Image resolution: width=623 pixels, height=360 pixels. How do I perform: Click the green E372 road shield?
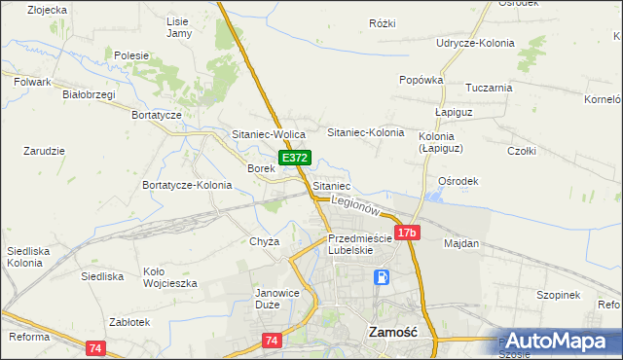(295, 158)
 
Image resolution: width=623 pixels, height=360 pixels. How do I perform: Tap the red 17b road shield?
(407, 233)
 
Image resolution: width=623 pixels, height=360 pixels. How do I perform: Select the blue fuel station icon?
(384, 277)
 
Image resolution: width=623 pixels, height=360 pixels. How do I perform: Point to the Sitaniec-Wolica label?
(269, 133)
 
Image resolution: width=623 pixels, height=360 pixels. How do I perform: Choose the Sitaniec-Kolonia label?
(366, 131)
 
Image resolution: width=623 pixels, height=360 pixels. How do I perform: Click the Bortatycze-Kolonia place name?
(187, 185)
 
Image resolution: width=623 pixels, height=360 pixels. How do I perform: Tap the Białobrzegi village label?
(89, 94)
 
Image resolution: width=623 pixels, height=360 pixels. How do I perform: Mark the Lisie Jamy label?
(179, 27)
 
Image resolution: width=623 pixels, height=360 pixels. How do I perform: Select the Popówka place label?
(421, 80)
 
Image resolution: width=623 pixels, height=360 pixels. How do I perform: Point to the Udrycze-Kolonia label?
(474, 43)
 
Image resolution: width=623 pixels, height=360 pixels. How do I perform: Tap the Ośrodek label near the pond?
(458, 181)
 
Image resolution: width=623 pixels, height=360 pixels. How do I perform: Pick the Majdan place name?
(461, 243)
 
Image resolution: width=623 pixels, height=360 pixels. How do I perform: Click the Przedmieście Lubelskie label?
(359, 243)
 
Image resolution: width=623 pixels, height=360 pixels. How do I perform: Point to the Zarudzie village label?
(44, 151)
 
